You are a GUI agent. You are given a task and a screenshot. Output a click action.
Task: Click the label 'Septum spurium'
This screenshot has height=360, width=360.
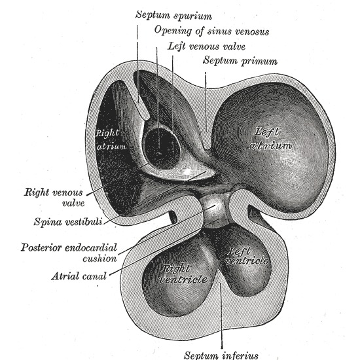[174, 16]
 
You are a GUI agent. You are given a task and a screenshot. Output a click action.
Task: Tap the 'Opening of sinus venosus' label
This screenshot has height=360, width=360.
[211, 31]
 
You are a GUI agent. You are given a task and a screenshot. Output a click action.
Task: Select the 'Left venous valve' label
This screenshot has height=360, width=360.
[207, 46]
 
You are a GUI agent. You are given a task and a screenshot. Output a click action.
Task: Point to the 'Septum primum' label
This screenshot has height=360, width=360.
[240, 62]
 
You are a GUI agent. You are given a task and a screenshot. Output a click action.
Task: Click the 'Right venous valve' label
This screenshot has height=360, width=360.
[54, 198]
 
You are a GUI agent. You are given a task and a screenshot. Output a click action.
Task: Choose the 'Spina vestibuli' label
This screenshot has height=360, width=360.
[68, 222]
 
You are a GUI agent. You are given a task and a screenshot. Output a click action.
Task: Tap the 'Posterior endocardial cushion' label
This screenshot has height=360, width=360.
[69, 253]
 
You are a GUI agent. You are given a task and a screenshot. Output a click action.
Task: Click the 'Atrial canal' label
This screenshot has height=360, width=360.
[79, 276]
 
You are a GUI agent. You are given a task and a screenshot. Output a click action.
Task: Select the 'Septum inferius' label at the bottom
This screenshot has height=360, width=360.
[221, 355]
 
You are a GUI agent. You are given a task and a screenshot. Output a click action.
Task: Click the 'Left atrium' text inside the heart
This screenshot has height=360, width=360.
[270, 139]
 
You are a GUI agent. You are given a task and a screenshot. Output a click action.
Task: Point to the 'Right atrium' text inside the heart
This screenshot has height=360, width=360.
[111, 139]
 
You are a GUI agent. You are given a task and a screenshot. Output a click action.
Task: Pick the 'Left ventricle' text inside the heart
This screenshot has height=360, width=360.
[246, 256]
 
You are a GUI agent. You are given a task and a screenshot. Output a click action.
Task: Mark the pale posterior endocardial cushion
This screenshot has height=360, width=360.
[213, 210]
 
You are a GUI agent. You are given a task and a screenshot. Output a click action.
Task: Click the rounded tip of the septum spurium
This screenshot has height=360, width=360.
[145, 117]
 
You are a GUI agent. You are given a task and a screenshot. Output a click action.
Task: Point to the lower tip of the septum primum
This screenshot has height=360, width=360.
[206, 147]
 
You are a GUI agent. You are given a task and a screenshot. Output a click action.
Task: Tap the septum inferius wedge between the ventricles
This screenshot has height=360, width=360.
[220, 281]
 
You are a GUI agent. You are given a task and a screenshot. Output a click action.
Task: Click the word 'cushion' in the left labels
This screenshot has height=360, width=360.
[100, 259]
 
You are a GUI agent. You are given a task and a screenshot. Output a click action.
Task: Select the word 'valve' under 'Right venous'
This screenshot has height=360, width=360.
[73, 203]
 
